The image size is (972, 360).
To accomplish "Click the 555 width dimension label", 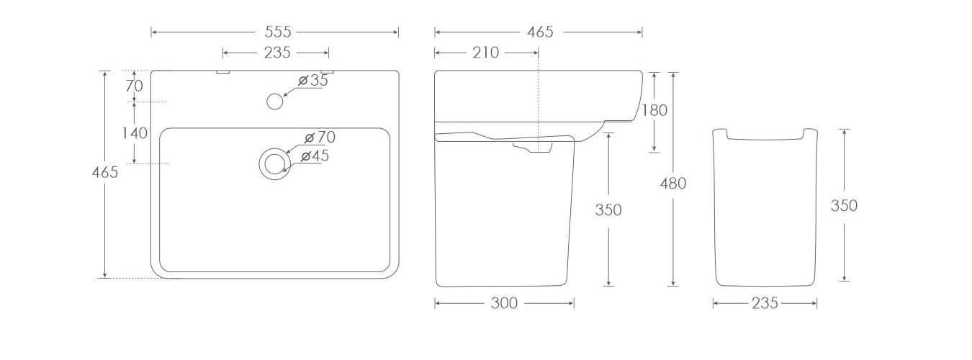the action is click(278, 32).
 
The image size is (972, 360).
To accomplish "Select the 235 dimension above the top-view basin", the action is click(277, 53).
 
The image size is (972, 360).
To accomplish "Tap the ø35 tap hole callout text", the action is click(313, 80).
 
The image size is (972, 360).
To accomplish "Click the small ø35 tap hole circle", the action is click(274, 101).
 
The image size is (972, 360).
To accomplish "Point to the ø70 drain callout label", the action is click(320, 138).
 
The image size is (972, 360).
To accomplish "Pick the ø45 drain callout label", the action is click(315, 156).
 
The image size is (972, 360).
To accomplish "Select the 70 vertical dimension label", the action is click(134, 86).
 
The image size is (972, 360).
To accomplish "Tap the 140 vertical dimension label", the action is click(135, 132).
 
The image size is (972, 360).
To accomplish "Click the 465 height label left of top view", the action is click(105, 172).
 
